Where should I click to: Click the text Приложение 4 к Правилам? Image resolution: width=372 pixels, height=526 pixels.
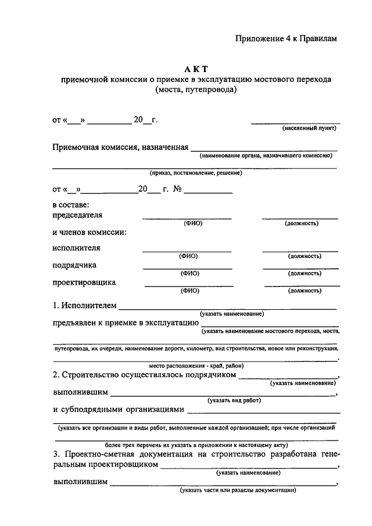[286, 38]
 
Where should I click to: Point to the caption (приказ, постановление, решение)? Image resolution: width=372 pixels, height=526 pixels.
[195, 173]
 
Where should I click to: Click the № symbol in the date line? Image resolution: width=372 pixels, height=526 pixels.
[178, 189]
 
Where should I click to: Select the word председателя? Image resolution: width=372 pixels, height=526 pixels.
[77, 214]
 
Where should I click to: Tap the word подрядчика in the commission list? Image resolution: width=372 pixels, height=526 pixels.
[75, 266]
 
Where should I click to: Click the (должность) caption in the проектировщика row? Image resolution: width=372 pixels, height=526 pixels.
[305, 290]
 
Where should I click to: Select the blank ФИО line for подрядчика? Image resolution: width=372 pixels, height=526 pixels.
[188, 268]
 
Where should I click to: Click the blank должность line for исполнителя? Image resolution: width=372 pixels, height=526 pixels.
[300, 251]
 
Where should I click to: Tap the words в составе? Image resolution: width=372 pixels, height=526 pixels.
[71, 205]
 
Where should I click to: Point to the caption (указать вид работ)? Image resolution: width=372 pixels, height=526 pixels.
[234, 400]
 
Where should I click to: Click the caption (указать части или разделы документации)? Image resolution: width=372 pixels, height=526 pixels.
[238, 490]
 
